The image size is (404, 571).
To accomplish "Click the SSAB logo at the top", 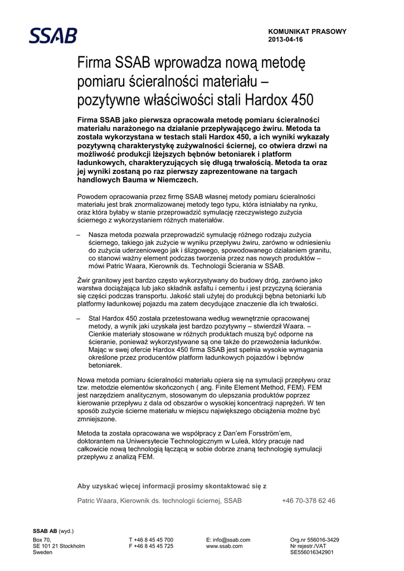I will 53,35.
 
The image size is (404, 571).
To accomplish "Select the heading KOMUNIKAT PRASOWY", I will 307,32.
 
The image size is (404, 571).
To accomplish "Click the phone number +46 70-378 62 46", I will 308,501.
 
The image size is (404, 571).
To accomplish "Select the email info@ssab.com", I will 228,540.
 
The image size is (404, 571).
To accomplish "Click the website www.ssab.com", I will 225,546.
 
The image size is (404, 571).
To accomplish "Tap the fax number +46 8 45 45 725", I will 151,546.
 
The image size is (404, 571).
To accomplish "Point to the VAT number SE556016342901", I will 312,552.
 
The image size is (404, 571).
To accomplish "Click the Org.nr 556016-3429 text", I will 314,540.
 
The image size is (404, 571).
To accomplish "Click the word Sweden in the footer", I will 43,552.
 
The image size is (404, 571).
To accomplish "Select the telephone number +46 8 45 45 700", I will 151,540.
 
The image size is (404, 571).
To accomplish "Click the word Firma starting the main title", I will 94,65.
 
